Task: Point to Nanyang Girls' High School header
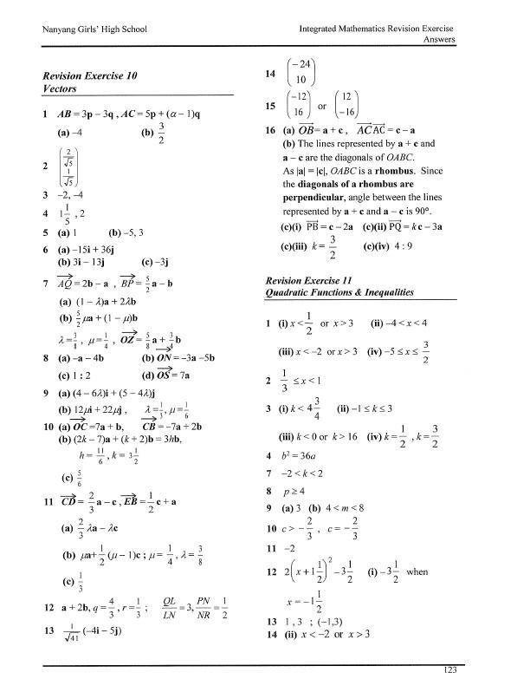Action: (91, 30)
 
